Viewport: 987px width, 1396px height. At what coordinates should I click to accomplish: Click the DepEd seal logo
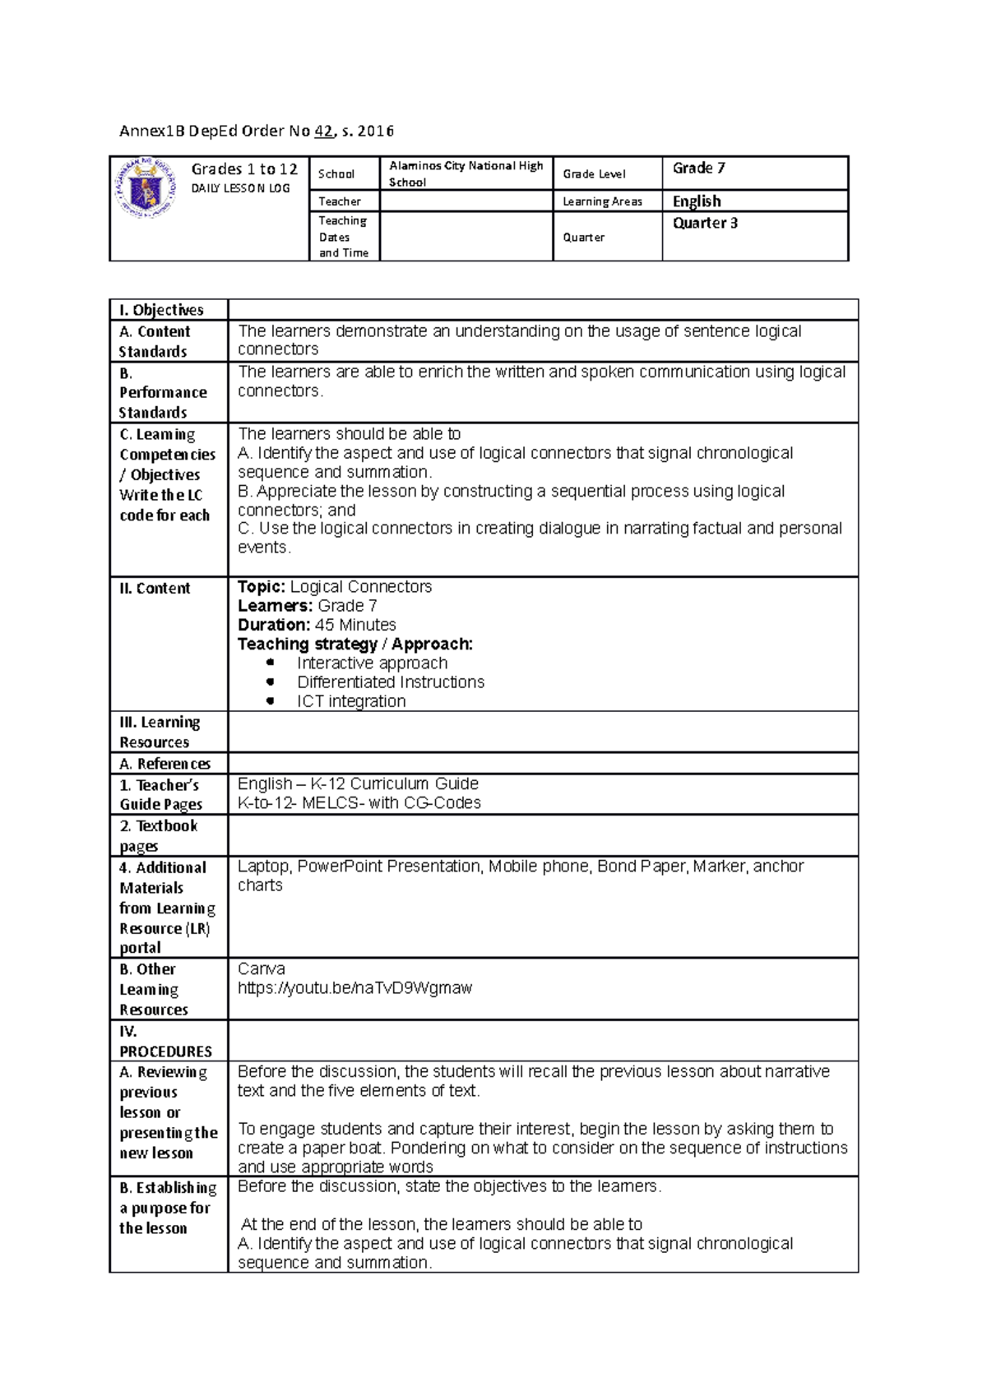tap(146, 187)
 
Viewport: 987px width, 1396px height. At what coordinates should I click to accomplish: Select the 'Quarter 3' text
tap(705, 223)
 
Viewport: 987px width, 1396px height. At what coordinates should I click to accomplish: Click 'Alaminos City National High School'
tap(466, 173)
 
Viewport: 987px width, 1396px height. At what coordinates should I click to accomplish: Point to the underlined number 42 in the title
tap(324, 131)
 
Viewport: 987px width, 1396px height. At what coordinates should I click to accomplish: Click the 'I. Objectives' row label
tap(161, 310)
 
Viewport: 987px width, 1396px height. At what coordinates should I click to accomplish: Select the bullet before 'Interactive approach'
tap(270, 663)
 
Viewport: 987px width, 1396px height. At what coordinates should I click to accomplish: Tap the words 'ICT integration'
tap(351, 701)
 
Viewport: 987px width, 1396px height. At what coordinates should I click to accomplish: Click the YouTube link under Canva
tap(354, 988)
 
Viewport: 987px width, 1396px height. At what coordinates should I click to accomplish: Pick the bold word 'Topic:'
tap(262, 587)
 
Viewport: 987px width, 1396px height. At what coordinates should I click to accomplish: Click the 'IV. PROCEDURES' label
tap(165, 1042)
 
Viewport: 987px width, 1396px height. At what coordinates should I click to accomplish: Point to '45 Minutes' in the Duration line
tap(355, 625)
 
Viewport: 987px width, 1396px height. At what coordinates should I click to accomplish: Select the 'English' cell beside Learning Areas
tap(697, 201)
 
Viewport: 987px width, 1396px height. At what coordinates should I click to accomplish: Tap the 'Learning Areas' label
tap(602, 201)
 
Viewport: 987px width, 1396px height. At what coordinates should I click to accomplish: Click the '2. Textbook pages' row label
tap(158, 835)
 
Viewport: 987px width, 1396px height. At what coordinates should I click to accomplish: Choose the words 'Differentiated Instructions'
tap(391, 682)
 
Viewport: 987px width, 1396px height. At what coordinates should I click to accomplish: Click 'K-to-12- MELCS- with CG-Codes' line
tap(359, 803)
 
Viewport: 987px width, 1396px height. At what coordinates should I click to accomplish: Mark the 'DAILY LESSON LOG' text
tap(240, 188)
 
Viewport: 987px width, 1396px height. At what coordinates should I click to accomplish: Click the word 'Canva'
tap(262, 969)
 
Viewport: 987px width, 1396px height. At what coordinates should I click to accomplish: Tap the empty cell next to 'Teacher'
tap(466, 201)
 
